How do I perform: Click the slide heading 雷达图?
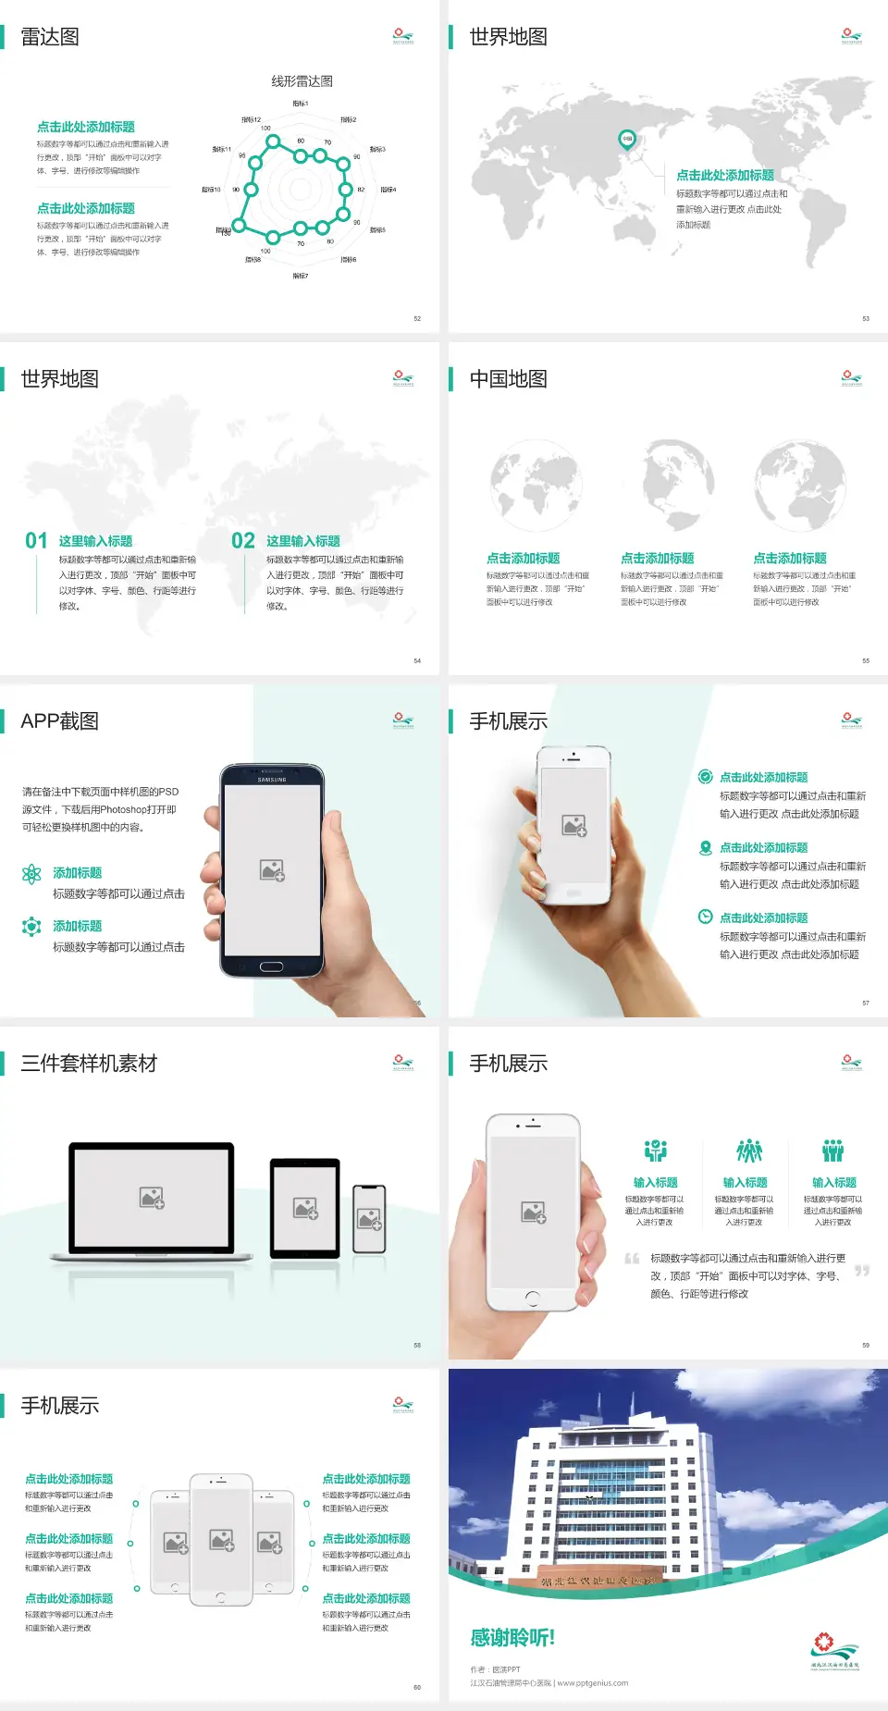[x=50, y=37]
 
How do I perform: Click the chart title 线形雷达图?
[x=302, y=81]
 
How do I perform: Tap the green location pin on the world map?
[x=626, y=140]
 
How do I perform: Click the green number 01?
[x=36, y=541]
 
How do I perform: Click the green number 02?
[x=243, y=541]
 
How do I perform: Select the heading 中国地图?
[x=508, y=379]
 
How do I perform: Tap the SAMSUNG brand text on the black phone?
[x=272, y=780]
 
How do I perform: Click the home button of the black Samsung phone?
[x=271, y=966]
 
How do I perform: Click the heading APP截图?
[x=59, y=721]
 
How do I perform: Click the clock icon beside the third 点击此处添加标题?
[x=705, y=917]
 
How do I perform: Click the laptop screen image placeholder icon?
[x=152, y=1198]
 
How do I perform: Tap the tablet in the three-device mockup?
[x=305, y=1207]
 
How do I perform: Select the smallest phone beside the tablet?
[x=369, y=1219]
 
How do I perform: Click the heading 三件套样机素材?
[x=89, y=1064]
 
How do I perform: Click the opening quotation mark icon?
[x=632, y=1259]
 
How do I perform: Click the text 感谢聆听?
[x=512, y=1638]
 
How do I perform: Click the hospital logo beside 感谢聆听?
[x=835, y=1651]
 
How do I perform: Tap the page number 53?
[x=866, y=318]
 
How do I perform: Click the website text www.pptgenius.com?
[x=592, y=1683]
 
